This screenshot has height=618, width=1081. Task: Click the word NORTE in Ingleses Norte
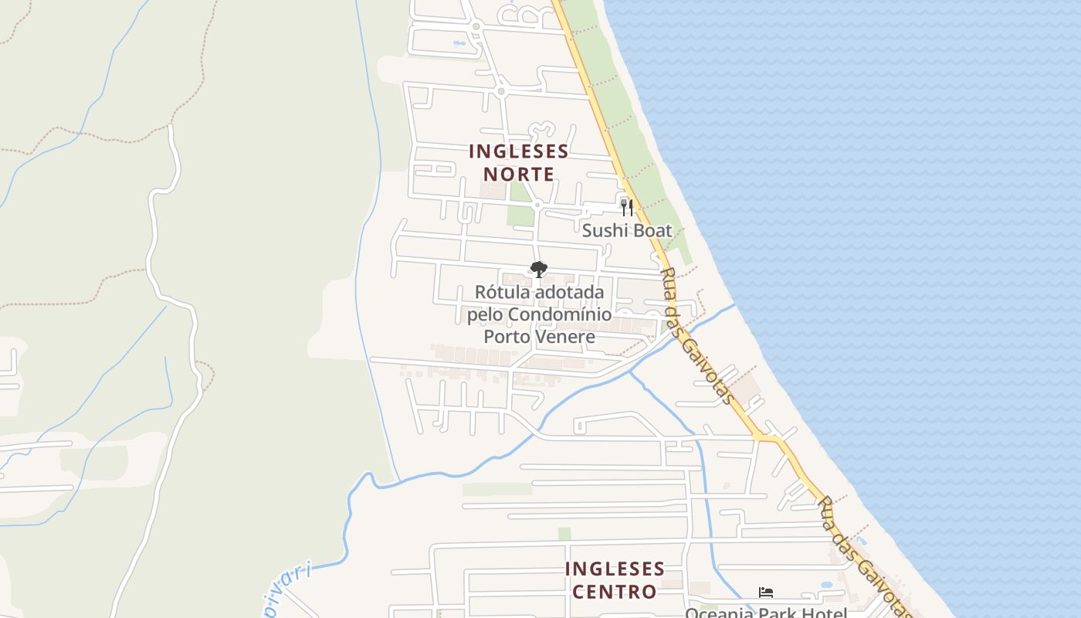coord(519,174)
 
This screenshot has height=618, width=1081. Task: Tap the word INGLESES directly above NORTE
coord(519,151)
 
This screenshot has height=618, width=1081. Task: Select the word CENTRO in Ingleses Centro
coord(615,592)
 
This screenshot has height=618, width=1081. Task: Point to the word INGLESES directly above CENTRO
coord(615,569)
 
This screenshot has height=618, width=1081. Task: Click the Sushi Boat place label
coord(627,230)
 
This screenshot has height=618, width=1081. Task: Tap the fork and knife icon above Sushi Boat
coord(627,207)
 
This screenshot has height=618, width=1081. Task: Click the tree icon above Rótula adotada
coord(539,270)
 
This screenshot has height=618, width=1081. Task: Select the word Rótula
coord(503,293)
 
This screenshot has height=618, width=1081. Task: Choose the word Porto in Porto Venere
coord(507,337)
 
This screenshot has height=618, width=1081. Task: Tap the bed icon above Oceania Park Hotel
coord(766,593)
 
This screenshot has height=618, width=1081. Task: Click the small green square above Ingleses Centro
coord(564,534)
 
